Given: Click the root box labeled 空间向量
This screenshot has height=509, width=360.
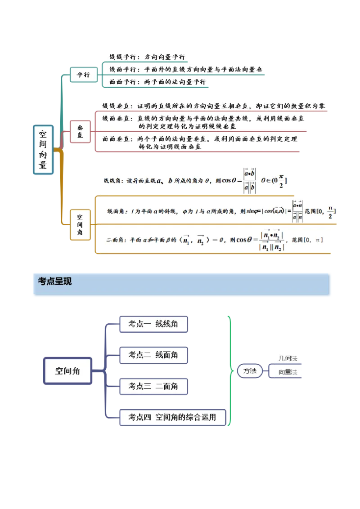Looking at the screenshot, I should click(43, 149).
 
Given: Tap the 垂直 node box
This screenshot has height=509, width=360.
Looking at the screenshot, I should click(80, 131).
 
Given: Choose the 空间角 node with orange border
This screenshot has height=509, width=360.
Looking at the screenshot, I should click(80, 224).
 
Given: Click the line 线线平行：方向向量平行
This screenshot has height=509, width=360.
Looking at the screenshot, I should click(147, 57).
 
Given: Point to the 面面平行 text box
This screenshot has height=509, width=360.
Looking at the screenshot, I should click(157, 82).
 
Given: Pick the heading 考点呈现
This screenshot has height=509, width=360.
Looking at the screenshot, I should click(55, 281).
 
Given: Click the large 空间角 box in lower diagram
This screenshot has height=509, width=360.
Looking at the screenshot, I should click(67, 371).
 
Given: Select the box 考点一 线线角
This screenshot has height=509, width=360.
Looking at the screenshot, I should click(153, 324).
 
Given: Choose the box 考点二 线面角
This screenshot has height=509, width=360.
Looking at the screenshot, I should click(153, 355).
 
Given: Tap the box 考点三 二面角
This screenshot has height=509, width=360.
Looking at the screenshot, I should click(153, 386).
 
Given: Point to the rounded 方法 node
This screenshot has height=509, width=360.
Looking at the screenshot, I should click(250, 371).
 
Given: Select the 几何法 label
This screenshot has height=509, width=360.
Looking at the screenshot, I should click(288, 358).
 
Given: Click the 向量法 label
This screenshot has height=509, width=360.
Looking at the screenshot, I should click(288, 372).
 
